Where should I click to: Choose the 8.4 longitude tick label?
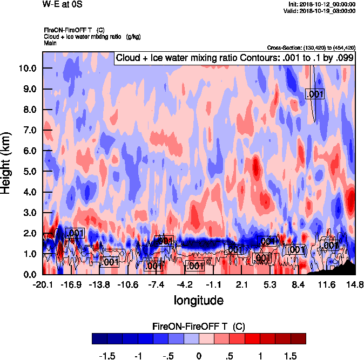click(x=299, y=284)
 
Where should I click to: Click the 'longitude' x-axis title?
click(x=198, y=299)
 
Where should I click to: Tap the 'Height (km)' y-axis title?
click(x=7, y=163)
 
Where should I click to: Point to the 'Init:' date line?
click(x=322, y=4)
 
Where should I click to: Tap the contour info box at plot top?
click(x=234, y=58)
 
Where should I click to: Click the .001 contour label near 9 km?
click(x=314, y=94)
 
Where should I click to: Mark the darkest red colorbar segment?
click(x=298, y=338)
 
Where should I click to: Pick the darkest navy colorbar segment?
click(x=100, y=338)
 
